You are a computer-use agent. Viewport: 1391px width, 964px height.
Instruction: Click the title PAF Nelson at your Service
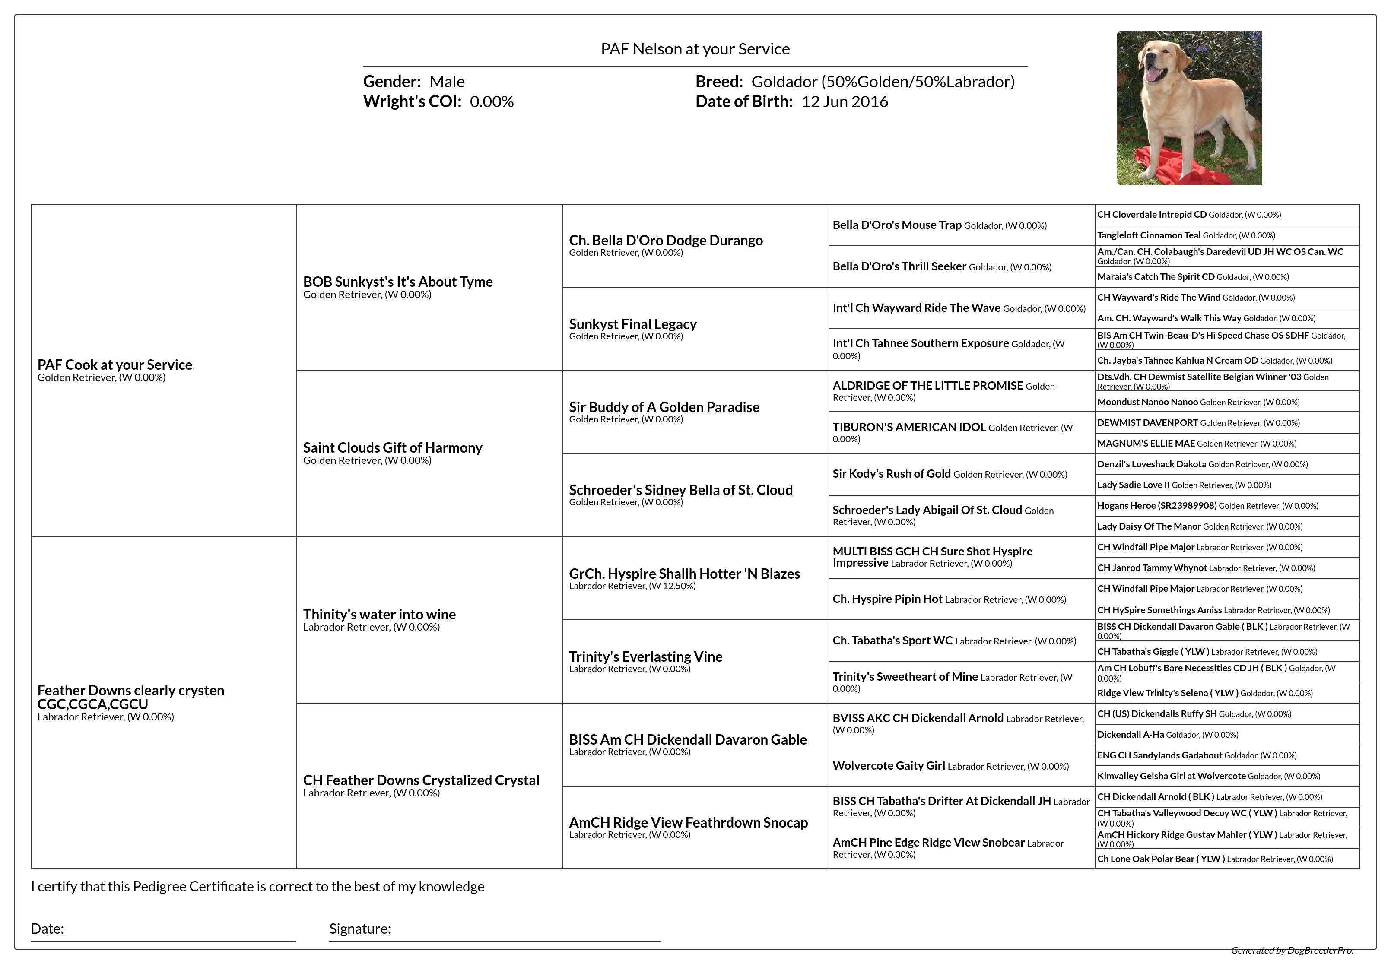(x=695, y=49)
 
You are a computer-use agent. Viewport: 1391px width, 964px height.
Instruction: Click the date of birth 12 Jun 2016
(x=845, y=101)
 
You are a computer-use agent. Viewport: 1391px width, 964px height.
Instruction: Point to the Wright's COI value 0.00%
(x=492, y=101)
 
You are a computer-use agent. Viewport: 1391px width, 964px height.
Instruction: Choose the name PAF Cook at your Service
(x=115, y=365)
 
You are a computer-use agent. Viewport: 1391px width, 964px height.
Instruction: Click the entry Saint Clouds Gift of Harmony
(x=393, y=447)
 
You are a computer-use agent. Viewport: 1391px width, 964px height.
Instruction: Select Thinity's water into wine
(x=379, y=614)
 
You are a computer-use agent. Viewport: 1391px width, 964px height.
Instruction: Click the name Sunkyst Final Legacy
(x=632, y=324)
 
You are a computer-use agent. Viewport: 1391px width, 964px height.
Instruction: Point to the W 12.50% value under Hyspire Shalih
(x=672, y=586)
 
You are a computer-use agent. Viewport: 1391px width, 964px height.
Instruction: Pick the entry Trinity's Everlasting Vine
(x=645, y=656)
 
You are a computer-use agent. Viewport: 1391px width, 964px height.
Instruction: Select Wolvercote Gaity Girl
(x=889, y=766)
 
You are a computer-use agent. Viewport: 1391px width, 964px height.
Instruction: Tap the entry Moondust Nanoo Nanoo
(x=1147, y=402)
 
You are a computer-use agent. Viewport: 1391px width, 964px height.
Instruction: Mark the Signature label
(x=360, y=929)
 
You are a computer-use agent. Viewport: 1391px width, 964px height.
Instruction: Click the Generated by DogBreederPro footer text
(x=1292, y=950)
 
